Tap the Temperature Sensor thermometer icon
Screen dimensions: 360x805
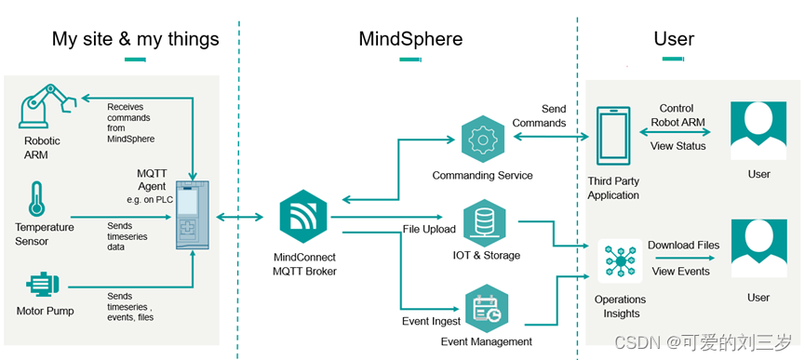(x=37, y=199)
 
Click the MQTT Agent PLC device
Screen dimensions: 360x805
(x=193, y=217)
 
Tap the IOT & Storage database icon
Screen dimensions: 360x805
(x=484, y=221)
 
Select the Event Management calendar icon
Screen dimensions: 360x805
(x=486, y=309)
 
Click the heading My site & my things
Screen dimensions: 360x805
(x=136, y=39)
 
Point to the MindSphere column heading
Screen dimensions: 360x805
(x=410, y=39)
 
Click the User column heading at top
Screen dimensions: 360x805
(x=674, y=39)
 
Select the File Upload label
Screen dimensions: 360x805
(x=429, y=229)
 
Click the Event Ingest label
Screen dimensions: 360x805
(x=431, y=321)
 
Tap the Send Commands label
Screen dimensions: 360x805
(x=540, y=116)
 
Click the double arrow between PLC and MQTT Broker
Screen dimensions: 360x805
(x=239, y=218)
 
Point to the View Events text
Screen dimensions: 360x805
(x=680, y=272)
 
